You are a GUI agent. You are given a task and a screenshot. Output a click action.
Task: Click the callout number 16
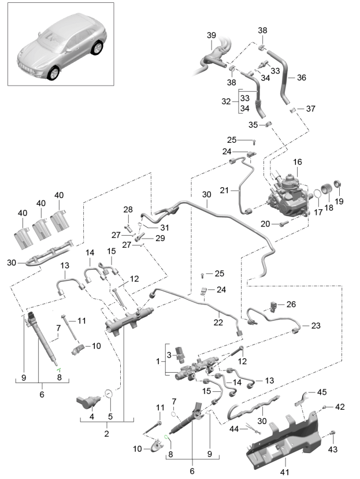tap(298, 164)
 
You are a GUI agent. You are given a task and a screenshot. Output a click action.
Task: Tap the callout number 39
tap(211, 36)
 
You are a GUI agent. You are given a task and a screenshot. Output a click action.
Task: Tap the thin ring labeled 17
tap(317, 197)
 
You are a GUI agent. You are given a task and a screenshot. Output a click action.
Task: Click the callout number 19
tap(339, 201)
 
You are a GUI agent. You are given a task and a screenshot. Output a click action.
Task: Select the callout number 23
tap(315, 326)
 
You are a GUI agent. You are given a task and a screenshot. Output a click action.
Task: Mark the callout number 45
tap(322, 392)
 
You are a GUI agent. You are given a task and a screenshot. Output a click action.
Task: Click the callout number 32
tap(227, 101)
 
